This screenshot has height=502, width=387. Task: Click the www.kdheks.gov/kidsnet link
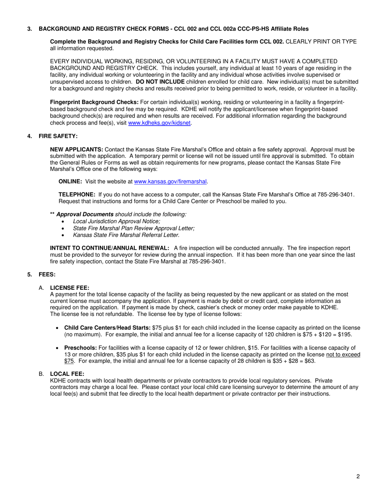pos(159,123)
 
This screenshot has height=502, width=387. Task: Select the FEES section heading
pos(47,275)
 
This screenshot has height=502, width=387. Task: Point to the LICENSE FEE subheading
pos(69,288)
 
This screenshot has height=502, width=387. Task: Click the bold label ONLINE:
pos(70,181)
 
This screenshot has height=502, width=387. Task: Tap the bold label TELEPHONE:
pos(77,195)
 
